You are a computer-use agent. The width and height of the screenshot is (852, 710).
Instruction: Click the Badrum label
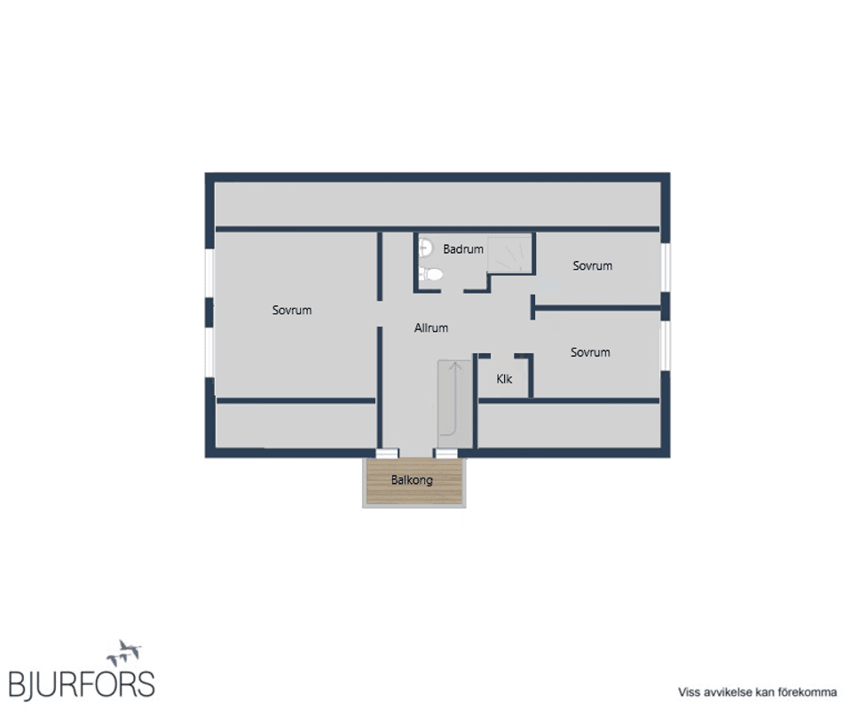463,249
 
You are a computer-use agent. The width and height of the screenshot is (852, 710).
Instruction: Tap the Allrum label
431,328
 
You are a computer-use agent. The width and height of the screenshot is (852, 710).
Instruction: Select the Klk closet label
504,379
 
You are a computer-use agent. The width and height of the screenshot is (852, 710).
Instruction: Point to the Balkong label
412,480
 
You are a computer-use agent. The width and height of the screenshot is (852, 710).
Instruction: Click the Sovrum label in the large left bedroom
292,311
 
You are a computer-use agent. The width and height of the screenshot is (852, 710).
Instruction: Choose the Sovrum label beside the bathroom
592,265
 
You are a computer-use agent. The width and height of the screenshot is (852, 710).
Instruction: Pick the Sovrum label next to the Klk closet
590,352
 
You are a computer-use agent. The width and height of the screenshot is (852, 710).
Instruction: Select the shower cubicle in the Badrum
509,255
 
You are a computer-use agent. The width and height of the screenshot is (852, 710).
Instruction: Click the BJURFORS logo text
82,684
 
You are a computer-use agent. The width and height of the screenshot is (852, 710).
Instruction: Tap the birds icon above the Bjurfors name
124,652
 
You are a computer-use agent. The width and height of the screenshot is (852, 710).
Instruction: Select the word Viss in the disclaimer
689,692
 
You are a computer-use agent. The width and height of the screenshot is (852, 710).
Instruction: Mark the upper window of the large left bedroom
209,272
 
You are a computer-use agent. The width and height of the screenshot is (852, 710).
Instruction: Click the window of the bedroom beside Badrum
666,267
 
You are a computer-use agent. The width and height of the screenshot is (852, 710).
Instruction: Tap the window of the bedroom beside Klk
666,346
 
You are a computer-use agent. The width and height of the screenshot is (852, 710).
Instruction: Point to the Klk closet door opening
502,357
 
